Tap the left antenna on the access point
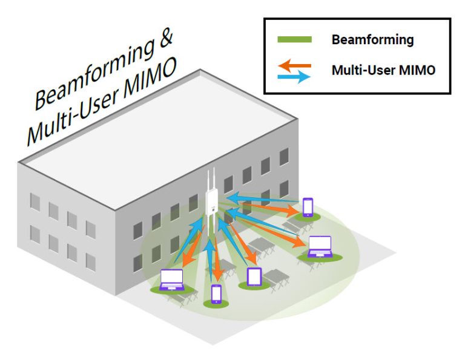coord(208,180)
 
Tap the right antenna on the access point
coord(215,180)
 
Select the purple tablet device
coord(254,277)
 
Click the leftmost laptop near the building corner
coord(171,280)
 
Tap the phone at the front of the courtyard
coord(216,293)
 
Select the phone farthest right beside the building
coord(308,206)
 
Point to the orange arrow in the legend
coord(294,64)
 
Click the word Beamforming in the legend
coord(372,41)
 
